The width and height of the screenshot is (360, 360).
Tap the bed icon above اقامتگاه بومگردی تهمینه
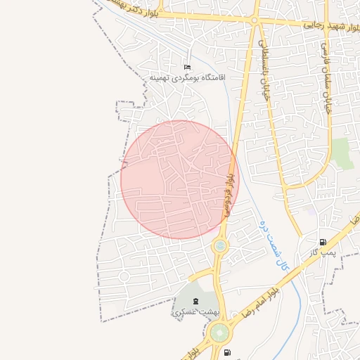click(x=186, y=65)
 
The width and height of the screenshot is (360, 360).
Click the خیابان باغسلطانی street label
click(x=266, y=77)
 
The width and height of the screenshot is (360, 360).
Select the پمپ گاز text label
click(x=324, y=252)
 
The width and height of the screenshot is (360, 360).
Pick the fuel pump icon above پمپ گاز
click(x=323, y=242)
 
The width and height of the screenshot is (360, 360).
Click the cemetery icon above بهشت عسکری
click(x=195, y=301)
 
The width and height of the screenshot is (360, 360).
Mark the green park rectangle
click(x=343, y=153)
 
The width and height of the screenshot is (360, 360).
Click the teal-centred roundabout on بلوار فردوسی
click(x=221, y=245)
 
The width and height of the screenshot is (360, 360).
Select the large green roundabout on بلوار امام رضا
click(x=219, y=331)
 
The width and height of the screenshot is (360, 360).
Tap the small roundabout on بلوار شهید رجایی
click(x=254, y=20)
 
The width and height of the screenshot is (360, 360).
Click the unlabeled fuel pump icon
click(x=226, y=352)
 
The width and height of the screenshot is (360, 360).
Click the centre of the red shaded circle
click(x=180, y=180)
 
